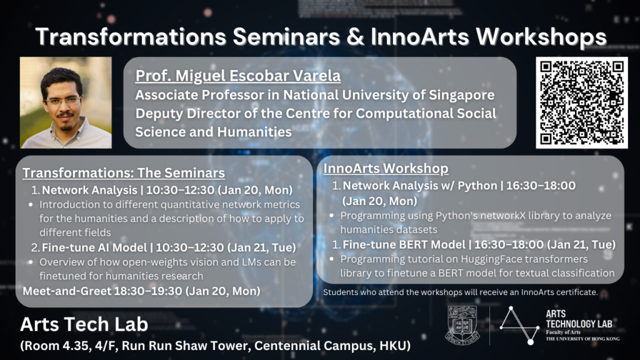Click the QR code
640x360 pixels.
point(582,102)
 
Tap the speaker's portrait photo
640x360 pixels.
point(66,102)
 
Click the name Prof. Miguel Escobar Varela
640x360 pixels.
point(238,76)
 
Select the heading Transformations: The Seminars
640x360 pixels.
point(124,172)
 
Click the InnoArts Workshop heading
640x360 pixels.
point(386,168)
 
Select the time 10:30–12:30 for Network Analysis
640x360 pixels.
point(180,190)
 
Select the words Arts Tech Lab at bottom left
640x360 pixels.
point(84,324)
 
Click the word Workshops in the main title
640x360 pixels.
point(541,37)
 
